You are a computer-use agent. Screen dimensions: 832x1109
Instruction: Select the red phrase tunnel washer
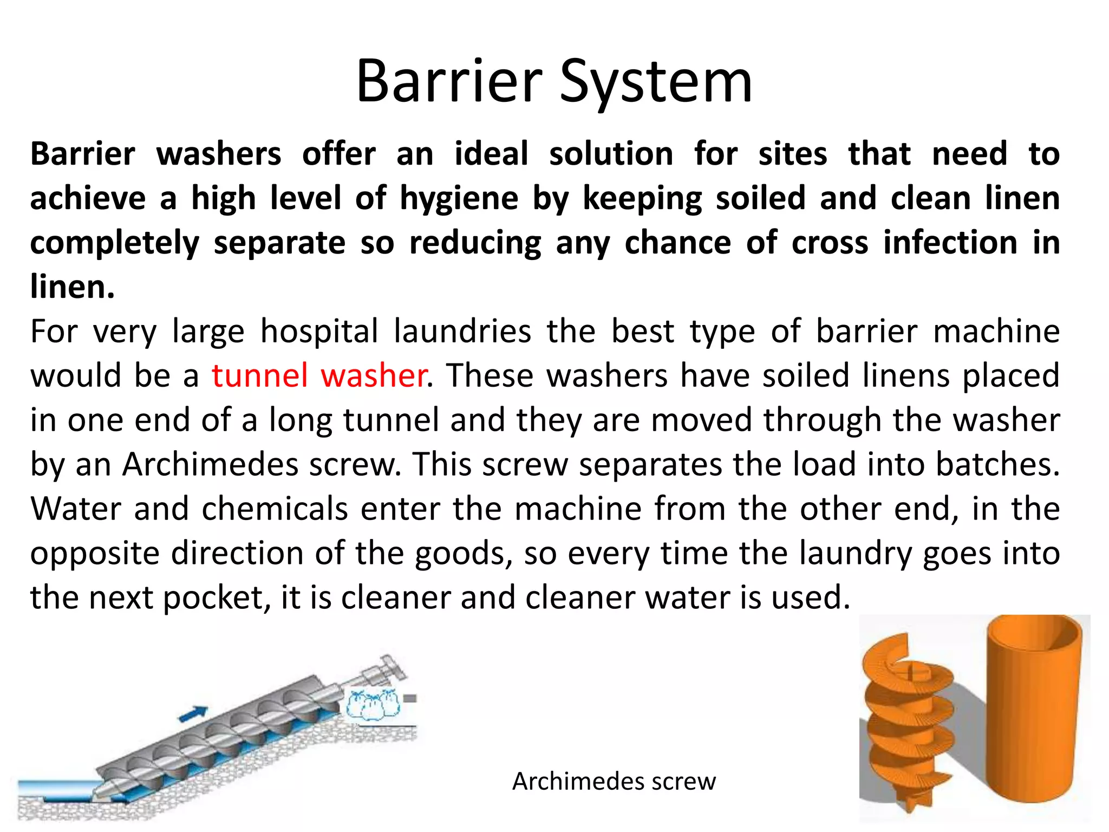tap(318, 375)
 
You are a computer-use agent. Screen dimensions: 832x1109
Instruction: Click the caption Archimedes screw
tap(614, 781)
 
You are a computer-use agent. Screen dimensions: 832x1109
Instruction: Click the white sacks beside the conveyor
tap(373, 704)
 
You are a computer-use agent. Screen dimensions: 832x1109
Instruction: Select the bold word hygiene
tap(459, 199)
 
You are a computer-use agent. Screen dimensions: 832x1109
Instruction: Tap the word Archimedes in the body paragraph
tap(210, 464)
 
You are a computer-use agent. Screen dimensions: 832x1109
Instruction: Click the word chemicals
tap(275, 509)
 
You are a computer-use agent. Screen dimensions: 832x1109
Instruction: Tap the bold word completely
tap(115, 243)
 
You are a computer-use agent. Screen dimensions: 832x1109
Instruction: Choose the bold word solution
tap(611, 154)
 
